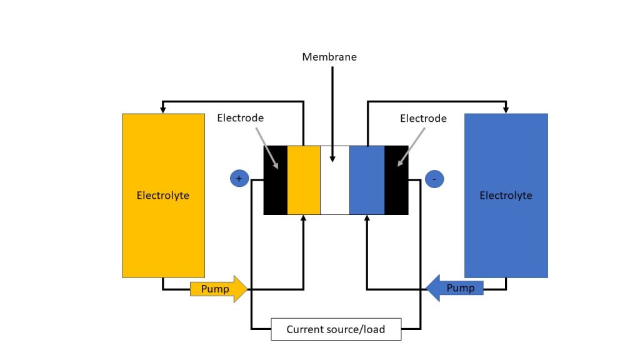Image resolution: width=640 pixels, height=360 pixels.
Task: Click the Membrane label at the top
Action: point(329,57)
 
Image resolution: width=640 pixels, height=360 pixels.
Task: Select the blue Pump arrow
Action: point(455,288)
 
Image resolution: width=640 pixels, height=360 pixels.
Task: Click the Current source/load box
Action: point(336,329)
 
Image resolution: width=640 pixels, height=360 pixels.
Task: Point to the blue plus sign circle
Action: point(239,179)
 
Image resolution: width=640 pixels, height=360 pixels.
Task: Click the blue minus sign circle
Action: point(434,179)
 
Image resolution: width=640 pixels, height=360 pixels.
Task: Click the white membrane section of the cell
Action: point(334,187)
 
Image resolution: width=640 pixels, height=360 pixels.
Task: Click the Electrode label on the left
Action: point(241,118)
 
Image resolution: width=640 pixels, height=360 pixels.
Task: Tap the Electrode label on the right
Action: point(423,118)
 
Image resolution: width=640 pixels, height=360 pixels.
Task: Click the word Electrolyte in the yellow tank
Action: point(162,196)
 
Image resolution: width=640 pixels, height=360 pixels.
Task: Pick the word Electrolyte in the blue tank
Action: point(506,196)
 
